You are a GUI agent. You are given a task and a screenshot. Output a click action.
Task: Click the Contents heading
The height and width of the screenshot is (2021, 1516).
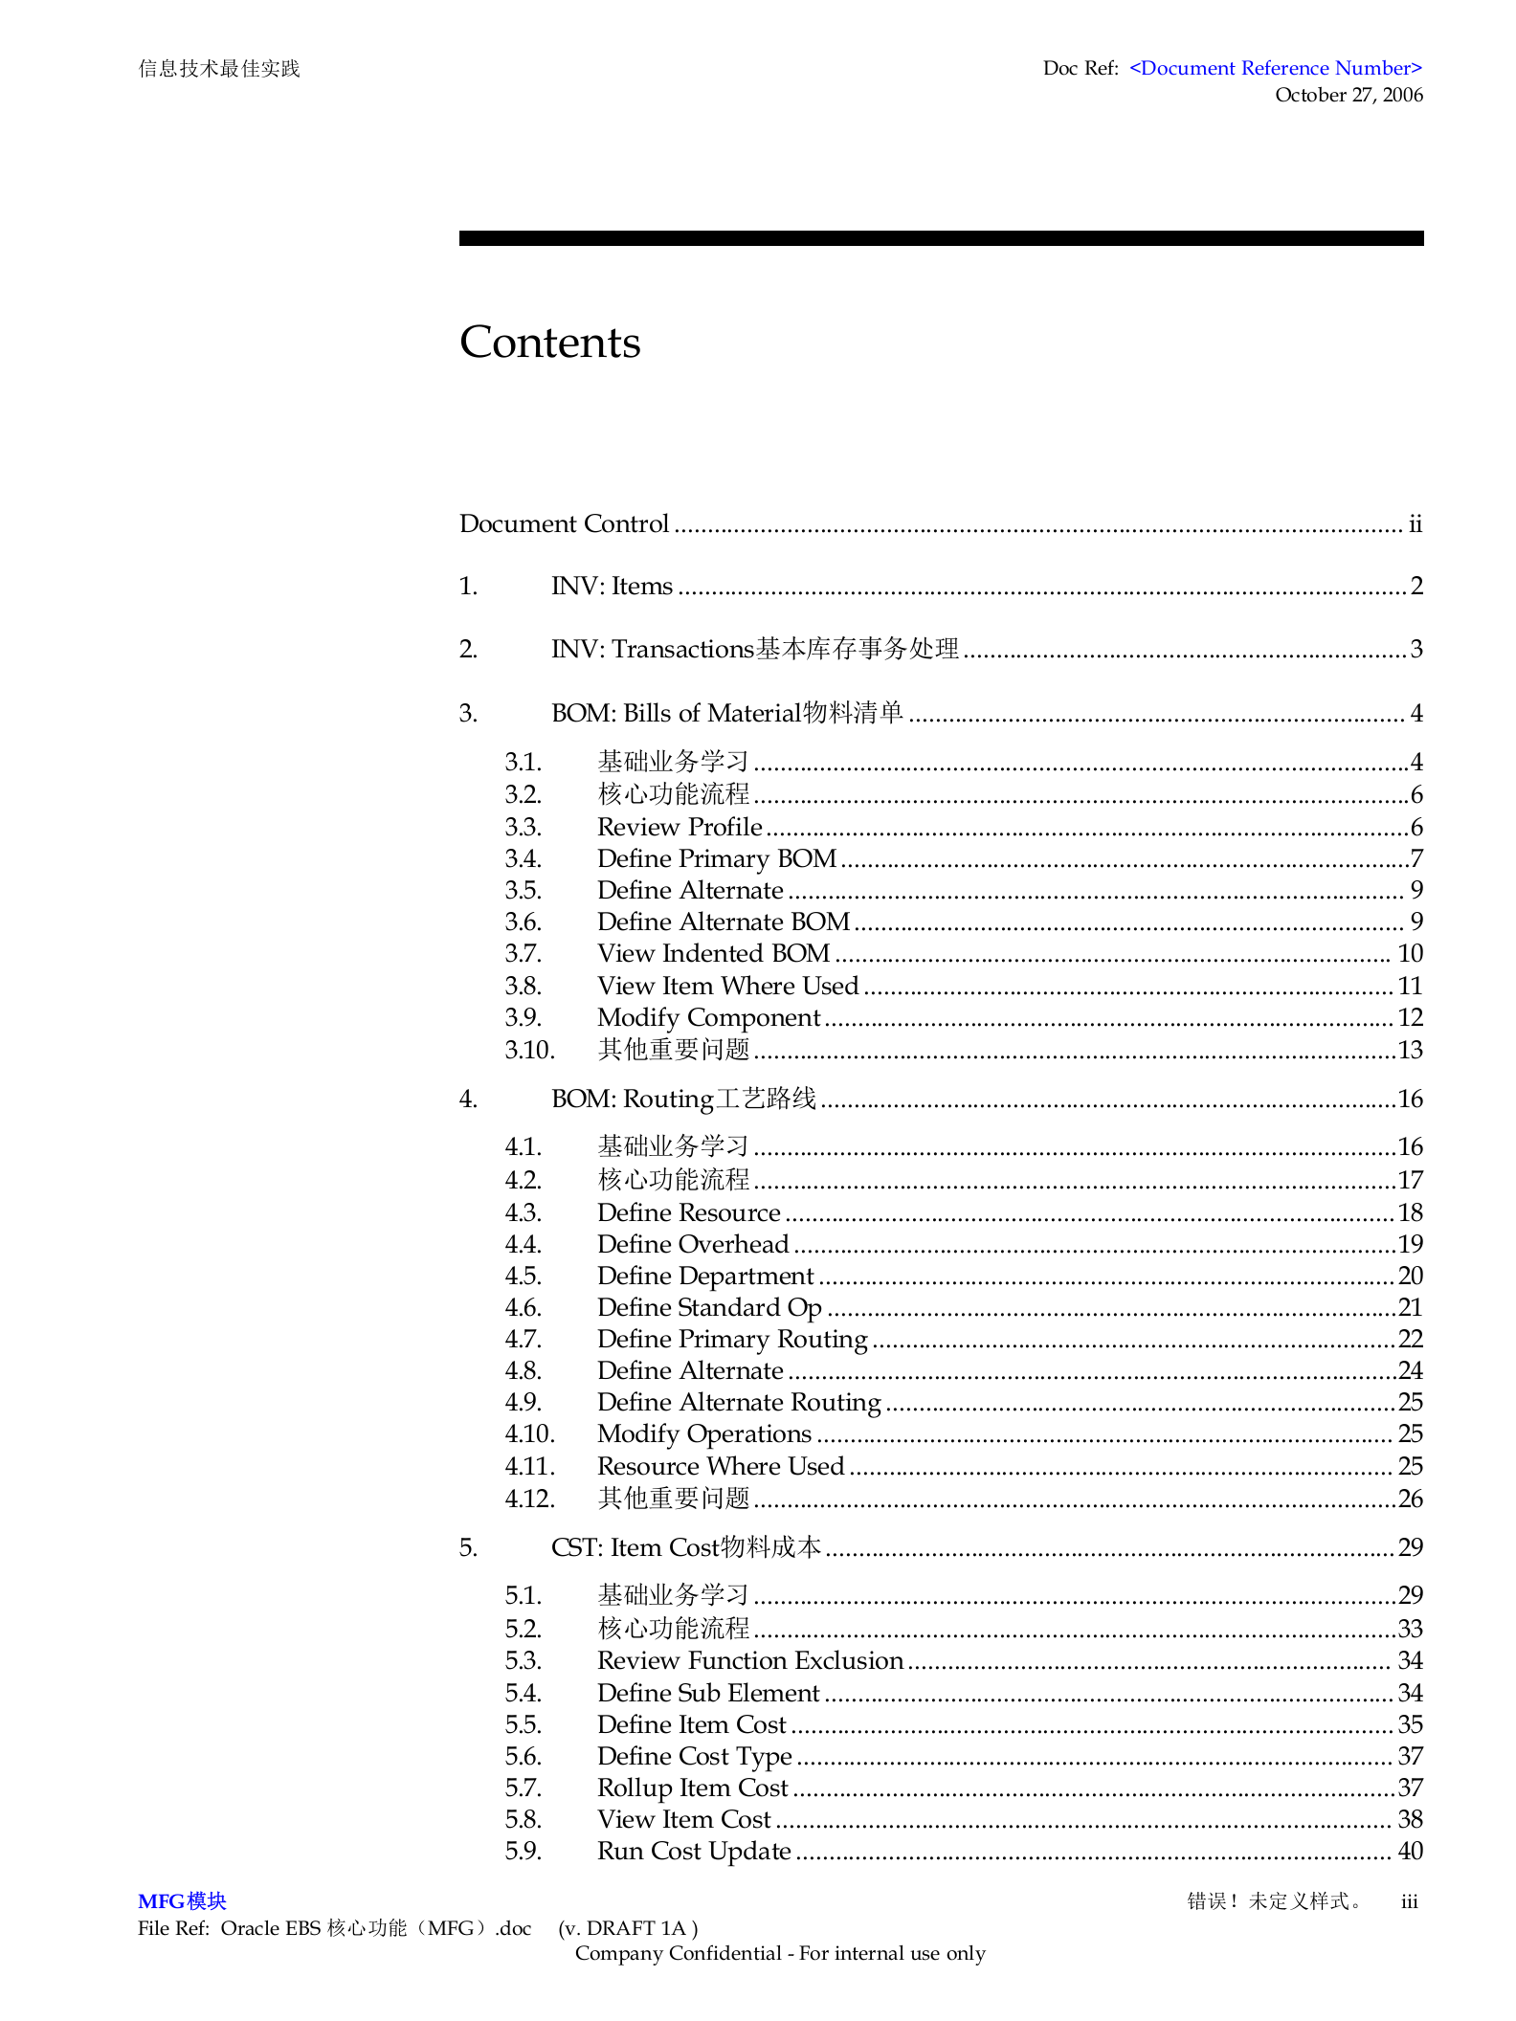549,343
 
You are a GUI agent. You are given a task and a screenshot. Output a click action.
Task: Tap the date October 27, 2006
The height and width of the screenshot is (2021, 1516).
1348,95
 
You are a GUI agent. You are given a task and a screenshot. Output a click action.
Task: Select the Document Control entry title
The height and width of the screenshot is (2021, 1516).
564,523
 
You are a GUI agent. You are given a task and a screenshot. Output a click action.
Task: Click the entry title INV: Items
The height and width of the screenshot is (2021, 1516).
612,586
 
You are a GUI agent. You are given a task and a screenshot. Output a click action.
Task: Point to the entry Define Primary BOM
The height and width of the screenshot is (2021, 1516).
716,858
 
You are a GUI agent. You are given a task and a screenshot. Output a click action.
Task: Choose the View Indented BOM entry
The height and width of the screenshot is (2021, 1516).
713,953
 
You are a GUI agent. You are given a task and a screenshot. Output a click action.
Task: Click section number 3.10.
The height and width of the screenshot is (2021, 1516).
529,1050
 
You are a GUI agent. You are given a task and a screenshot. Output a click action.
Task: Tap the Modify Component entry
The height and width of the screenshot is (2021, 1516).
708,1017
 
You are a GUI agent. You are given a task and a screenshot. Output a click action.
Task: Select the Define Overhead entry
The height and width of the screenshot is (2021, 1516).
693,1244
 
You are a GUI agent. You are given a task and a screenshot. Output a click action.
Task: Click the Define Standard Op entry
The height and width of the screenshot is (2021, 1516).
709,1307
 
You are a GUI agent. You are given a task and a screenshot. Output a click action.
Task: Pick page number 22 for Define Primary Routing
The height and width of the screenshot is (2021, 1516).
1410,1339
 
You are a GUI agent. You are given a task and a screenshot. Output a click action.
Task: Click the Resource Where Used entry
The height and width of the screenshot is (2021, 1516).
720,1466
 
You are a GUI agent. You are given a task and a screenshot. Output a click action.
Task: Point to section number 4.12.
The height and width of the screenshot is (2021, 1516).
529,1499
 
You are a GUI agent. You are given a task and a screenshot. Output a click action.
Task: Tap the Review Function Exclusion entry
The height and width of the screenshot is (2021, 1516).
749,1660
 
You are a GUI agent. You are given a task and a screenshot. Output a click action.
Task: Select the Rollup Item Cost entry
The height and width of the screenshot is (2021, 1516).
692,1788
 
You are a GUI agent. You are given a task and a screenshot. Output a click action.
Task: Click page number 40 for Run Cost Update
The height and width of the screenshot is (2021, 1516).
1410,1851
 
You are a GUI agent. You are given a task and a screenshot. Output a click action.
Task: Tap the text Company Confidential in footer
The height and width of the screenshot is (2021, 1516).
678,1953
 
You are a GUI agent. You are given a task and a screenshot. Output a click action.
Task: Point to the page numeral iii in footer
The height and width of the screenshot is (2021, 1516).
1409,1901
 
